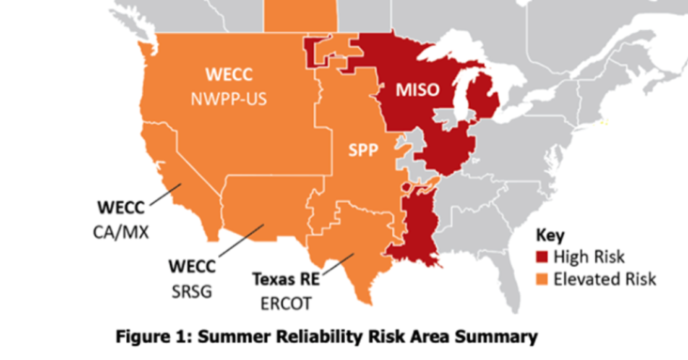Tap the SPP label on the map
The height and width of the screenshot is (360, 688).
coord(353,149)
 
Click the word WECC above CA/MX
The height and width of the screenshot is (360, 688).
coord(124,204)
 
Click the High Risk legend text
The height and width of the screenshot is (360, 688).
coord(590,256)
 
